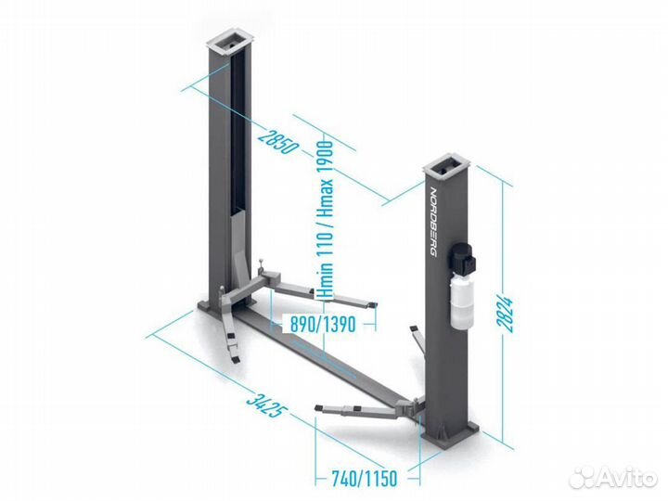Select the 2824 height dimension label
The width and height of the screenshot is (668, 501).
click(506, 315)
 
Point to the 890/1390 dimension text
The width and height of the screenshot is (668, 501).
click(323, 325)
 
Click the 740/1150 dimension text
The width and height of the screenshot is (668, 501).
click(365, 479)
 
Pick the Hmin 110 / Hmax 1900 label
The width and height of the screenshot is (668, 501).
click(325, 219)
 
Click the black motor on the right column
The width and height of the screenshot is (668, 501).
click(463, 259)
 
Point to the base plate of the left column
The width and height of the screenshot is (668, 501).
click(225, 306)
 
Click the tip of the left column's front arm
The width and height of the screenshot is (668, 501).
click(235, 360)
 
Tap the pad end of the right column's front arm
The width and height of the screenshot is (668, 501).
click(319, 408)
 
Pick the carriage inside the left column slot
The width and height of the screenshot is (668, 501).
click(238, 256)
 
